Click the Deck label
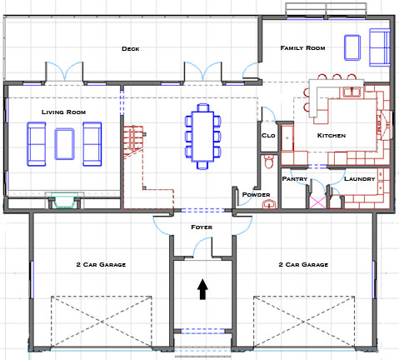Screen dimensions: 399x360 [131, 49]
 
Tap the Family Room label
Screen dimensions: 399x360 [302, 48]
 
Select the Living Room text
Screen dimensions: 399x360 [63, 112]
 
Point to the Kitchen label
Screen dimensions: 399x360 [332, 136]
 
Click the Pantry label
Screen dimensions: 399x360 [295, 179]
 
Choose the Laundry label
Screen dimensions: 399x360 [360, 179]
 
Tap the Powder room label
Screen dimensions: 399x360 [256, 195]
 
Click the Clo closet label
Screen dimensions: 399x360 [268, 136]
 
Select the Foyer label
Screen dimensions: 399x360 [202, 227]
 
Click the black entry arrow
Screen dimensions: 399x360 [202, 289]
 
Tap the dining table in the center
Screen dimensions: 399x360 [202, 136]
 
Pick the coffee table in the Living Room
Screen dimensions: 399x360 [64, 144]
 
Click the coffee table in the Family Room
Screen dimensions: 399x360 [352, 47]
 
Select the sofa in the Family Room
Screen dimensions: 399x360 [380, 47]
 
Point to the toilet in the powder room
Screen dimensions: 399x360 [269, 162]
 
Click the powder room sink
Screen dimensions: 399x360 [269, 204]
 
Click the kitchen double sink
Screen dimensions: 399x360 [352, 92]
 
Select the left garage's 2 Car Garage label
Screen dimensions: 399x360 [101, 265]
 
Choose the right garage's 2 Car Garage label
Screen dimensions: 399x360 [303, 265]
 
